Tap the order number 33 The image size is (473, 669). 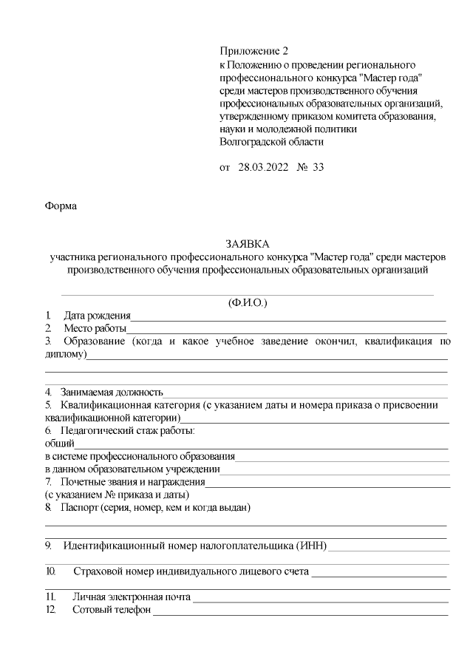pyautogui.click(x=319, y=167)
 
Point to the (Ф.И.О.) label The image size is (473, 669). pyautogui.click(x=248, y=302)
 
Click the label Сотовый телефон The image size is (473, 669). pyautogui.click(x=112, y=610)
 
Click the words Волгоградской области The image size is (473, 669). pyautogui.click(x=272, y=141)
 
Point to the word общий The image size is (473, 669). pyautogui.click(x=60, y=443)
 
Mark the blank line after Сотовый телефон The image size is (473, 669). pyautogui.click(x=299, y=612)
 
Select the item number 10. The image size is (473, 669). pyautogui.click(x=51, y=571)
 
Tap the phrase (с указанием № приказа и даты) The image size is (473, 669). pyautogui.click(x=118, y=494)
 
